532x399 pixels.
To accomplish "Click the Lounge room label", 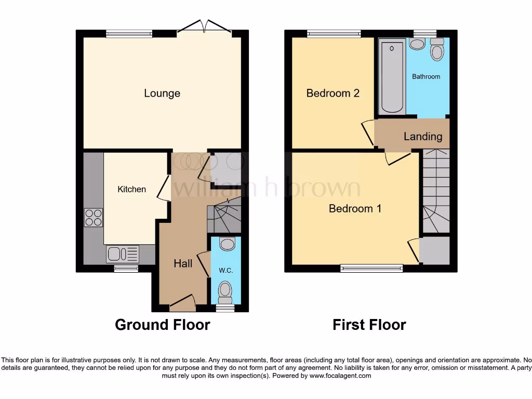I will pyautogui.click(x=162, y=94).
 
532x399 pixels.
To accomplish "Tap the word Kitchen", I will pyautogui.click(x=131, y=189).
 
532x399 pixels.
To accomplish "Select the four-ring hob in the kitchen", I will pyautogui.click(x=94, y=217).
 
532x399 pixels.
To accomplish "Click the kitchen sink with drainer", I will pyautogui.click(x=123, y=254).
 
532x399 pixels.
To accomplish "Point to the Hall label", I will pyautogui.click(x=183, y=263).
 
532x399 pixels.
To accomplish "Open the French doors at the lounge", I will pyautogui.click(x=206, y=26).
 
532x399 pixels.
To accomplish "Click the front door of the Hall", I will pyautogui.click(x=182, y=303).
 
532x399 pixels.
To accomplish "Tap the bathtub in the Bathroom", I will pyautogui.click(x=392, y=77).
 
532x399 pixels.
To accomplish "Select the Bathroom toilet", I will pyautogui.click(x=437, y=51).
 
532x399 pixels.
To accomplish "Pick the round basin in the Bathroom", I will pyautogui.click(x=417, y=44).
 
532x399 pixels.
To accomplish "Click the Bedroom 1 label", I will pyautogui.click(x=355, y=208).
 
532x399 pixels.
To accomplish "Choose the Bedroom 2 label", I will pyautogui.click(x=333, y=94).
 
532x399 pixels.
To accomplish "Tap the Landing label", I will pyautogui.click(x=423, y=137).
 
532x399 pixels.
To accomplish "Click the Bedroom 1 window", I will pyautogui.click(x=371, y=269).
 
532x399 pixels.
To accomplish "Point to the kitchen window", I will pyautogui.click(x=126, y=269).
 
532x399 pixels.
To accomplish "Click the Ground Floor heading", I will pyautogui.click(x=162, y=325).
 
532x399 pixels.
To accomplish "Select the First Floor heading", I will pyautogui.click(x=369, y=325).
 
